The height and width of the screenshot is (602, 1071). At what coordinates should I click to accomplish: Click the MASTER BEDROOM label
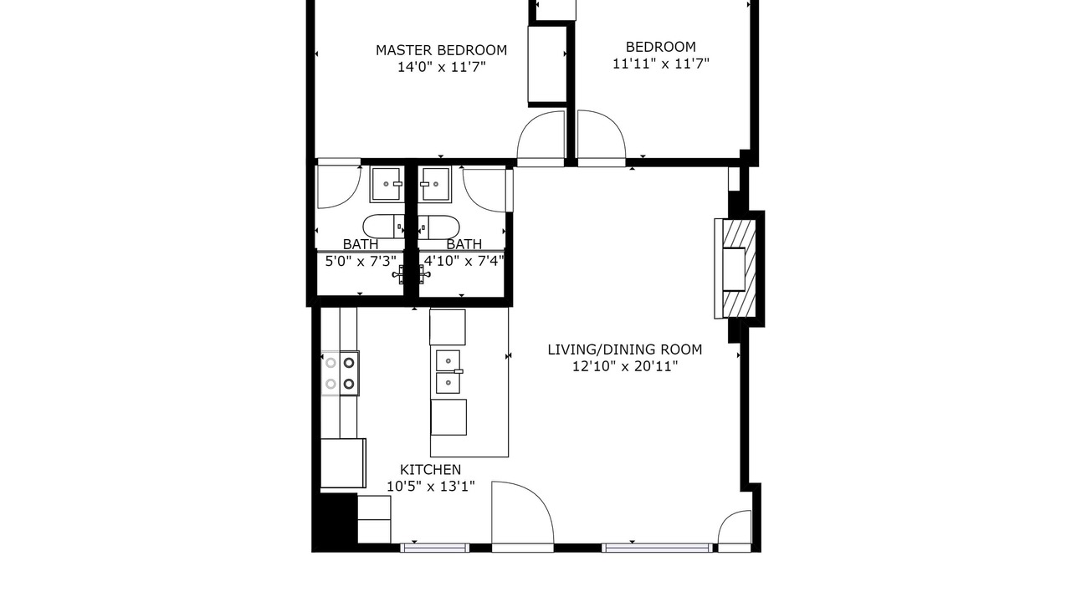[x=441, y=50]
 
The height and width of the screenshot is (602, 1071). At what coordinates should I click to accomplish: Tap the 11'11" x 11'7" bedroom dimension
[x=661, y=64]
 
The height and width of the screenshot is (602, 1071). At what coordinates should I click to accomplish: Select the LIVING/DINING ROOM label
[x=625, y=349]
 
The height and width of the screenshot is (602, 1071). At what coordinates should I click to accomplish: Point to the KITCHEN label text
[x=430, y=470]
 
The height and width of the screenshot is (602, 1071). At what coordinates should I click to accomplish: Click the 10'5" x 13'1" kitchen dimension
[x=430, y=487]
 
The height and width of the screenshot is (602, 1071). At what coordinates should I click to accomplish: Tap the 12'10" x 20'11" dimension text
[x=625, y=366]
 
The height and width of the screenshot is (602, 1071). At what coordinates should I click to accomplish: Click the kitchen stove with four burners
[x=340, y=374]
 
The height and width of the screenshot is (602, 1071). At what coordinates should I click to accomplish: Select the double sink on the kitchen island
[x=448, y=372]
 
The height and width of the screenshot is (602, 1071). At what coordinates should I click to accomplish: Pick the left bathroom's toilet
[x=383, y=227]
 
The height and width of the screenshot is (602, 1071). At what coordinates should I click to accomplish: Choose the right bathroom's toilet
[x=439, y=227]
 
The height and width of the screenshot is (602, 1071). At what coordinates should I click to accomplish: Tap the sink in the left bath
[x=386, y=184]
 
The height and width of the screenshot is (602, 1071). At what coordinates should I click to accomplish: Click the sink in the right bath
[x=434, y=184]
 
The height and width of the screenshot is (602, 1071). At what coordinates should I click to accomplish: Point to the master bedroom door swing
[x=541, y=139]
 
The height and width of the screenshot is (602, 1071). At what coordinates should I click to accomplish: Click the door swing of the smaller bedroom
[x=602, y=139]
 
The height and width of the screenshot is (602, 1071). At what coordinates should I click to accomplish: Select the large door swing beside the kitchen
[x=523, y=516]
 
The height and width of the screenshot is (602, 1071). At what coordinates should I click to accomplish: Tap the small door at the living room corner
[x=735, y=531]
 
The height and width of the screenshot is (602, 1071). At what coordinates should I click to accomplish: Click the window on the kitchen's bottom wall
[x=434, y=548]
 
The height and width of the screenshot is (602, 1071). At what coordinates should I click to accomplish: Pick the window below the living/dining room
[x=657, y=548]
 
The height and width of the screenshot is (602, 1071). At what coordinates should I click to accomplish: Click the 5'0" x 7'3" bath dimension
[x=361, y=262]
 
